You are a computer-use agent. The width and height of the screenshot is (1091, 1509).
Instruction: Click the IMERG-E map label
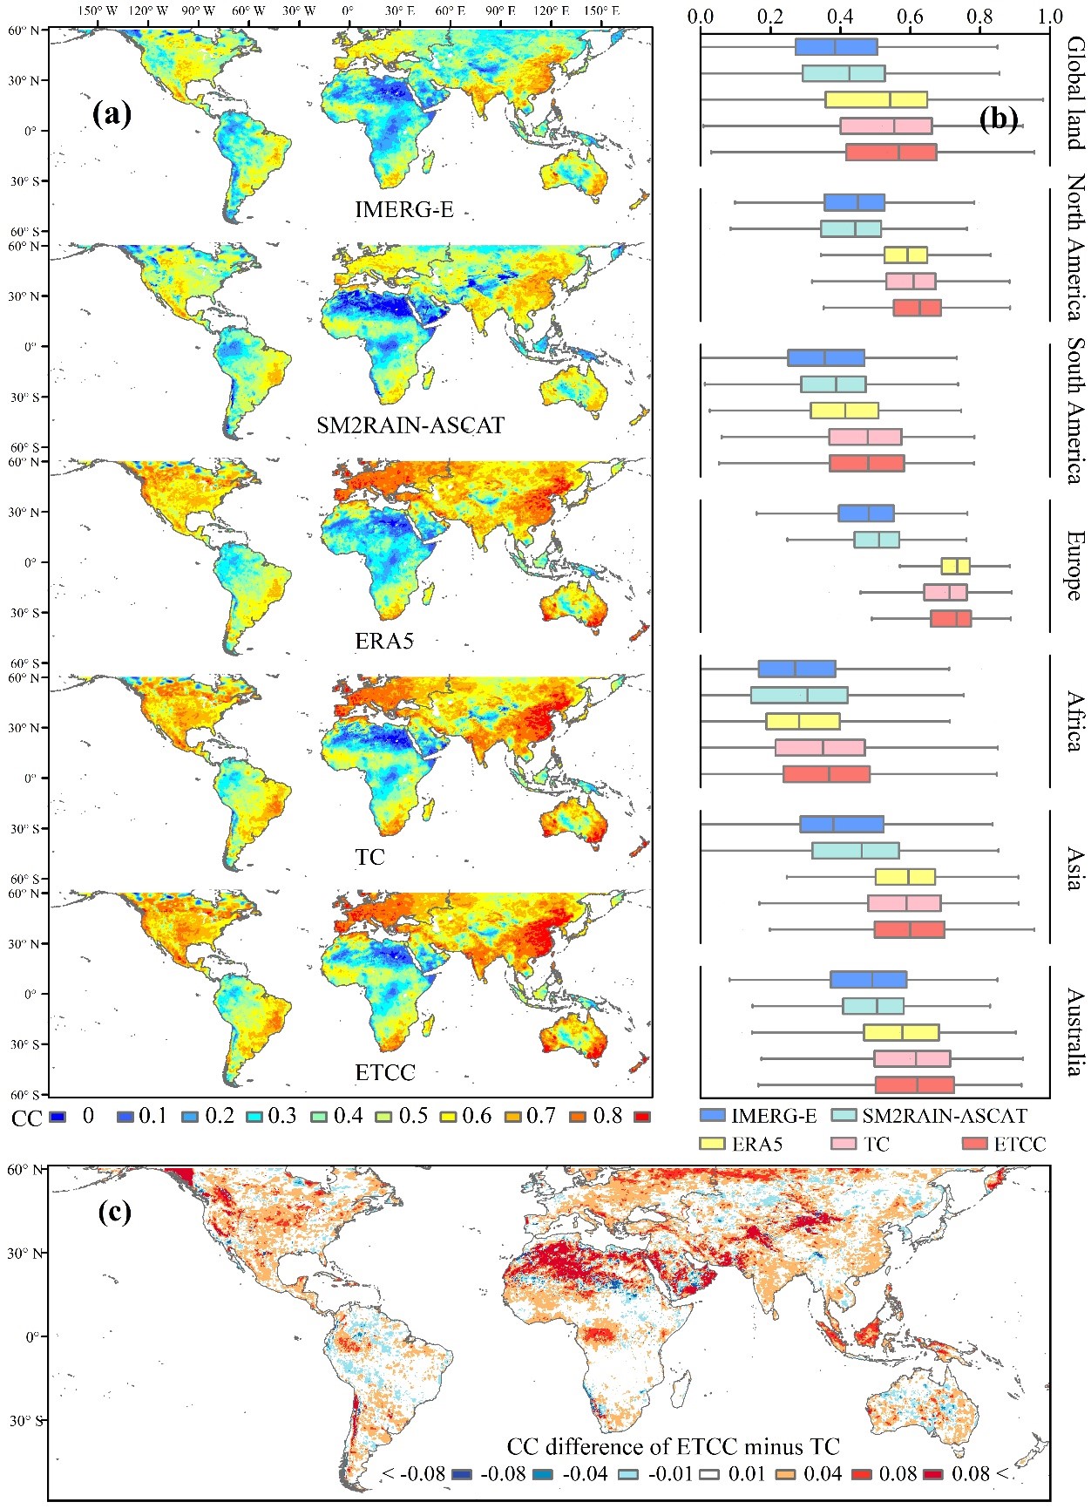click(403, 209)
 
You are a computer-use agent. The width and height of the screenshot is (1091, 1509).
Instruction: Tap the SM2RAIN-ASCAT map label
click(410, 425)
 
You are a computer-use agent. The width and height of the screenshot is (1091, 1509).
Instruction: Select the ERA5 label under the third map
click(384, 641)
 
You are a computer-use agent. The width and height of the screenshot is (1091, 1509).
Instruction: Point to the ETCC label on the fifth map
click(385, 1072)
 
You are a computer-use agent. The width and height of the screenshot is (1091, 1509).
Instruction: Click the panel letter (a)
click(112, 113)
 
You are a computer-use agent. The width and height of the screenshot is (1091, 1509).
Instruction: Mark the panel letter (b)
click(998, 118)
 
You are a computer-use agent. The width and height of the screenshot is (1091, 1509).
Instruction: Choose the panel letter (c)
click(112, 1211)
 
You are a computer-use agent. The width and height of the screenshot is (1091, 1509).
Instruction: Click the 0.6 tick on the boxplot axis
click(911, 17)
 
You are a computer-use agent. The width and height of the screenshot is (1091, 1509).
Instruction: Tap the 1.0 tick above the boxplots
click(1050, 17)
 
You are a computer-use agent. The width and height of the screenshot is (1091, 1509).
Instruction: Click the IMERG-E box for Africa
click(796, 669)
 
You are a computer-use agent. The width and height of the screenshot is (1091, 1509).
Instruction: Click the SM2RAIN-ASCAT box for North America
click(850, 228)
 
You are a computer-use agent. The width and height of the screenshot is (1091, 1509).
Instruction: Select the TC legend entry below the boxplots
click(876, 1144)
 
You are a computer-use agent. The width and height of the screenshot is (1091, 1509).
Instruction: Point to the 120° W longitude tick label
click(148, 11)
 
